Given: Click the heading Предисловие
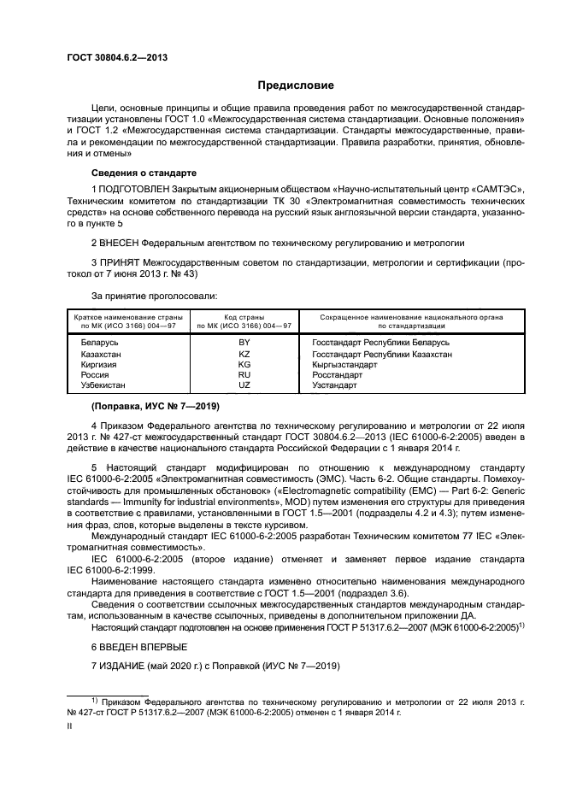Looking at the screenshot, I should tap(297, 85).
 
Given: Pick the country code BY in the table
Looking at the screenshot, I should tap(244, 343).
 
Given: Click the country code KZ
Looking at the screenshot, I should tap(244, 354).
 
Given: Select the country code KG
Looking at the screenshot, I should tap(244, 364).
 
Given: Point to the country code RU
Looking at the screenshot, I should tap(244, 375).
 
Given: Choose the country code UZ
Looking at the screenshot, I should tap(244, 386).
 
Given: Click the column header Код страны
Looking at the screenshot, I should tap(244, 317).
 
